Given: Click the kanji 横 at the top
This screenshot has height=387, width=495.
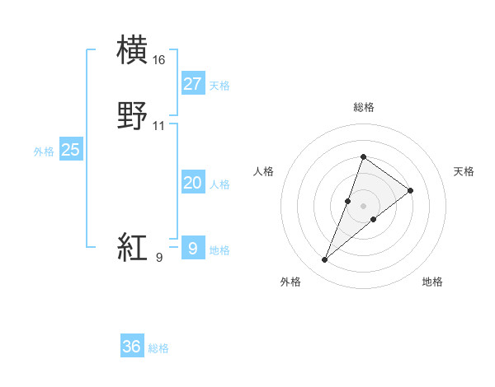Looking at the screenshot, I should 134,49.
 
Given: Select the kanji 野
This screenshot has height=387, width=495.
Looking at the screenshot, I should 134,117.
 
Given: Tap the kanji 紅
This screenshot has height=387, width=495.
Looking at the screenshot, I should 134,247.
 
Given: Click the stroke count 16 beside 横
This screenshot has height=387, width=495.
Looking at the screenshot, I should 159,60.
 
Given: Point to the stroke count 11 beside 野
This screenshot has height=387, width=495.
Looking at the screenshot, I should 159,127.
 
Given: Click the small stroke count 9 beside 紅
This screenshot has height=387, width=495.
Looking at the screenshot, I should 159,258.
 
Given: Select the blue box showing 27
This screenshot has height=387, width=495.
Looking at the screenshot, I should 193,84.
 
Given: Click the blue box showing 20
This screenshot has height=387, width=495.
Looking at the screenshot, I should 193,183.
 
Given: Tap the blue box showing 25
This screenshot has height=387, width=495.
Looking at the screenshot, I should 71,150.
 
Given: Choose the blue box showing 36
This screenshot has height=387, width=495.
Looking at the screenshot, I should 132,347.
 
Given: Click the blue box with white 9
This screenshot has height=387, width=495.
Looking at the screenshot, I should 193,248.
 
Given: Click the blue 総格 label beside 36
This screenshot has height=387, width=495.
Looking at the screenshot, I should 158,348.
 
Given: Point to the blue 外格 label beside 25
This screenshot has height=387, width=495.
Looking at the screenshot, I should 44,152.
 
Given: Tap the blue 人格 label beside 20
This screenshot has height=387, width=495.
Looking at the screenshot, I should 220,184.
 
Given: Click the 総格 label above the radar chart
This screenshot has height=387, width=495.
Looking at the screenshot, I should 364,107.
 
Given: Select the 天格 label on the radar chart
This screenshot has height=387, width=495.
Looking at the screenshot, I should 464,171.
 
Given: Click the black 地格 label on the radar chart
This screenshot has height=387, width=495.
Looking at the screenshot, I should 432,282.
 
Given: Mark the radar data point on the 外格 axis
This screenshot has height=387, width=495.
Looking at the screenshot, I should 324,260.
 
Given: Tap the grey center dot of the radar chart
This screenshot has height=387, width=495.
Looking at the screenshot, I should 364,206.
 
